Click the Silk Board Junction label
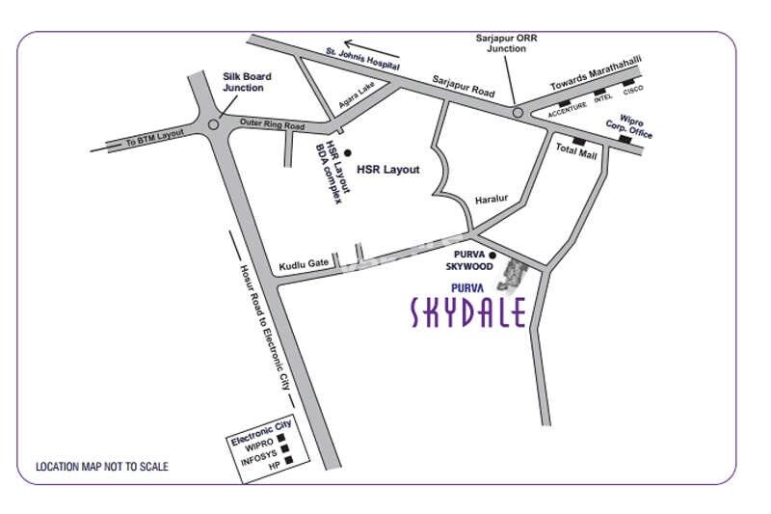tap(247, 82)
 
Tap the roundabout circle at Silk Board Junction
tap(212, 123)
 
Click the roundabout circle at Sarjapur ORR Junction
tap(518, 113)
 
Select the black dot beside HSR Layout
tap(348, 152)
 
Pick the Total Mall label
tap(575, 154)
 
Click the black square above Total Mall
tap(578, 142)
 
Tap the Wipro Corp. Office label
tap(628, 125)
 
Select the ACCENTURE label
tap(568, 112)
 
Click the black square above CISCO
tap(629, 83)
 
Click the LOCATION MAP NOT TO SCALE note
tap(102, 467)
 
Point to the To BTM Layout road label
tap(154, 137)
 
